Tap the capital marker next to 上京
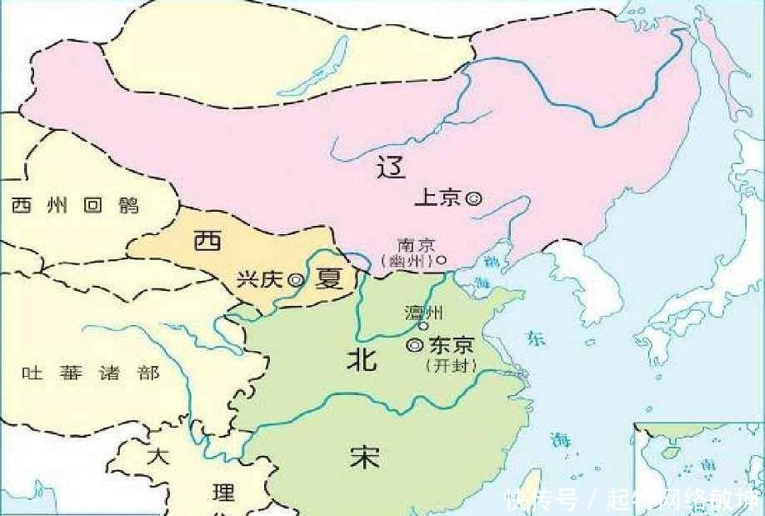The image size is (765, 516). pos(473,198)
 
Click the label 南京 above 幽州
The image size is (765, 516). pos(416,246)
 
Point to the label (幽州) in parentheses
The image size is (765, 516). pos(408,261)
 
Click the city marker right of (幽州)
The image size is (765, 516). pos(442,259)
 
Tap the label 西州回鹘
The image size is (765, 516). pos(75,206)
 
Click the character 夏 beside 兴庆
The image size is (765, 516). pos(328,279)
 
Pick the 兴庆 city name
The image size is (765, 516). pos(260,280)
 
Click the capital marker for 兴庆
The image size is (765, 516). pos(295,281)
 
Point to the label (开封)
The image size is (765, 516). pos(450,365)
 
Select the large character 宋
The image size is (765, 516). pos(365,455)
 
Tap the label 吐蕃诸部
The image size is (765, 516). pos(91,373)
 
